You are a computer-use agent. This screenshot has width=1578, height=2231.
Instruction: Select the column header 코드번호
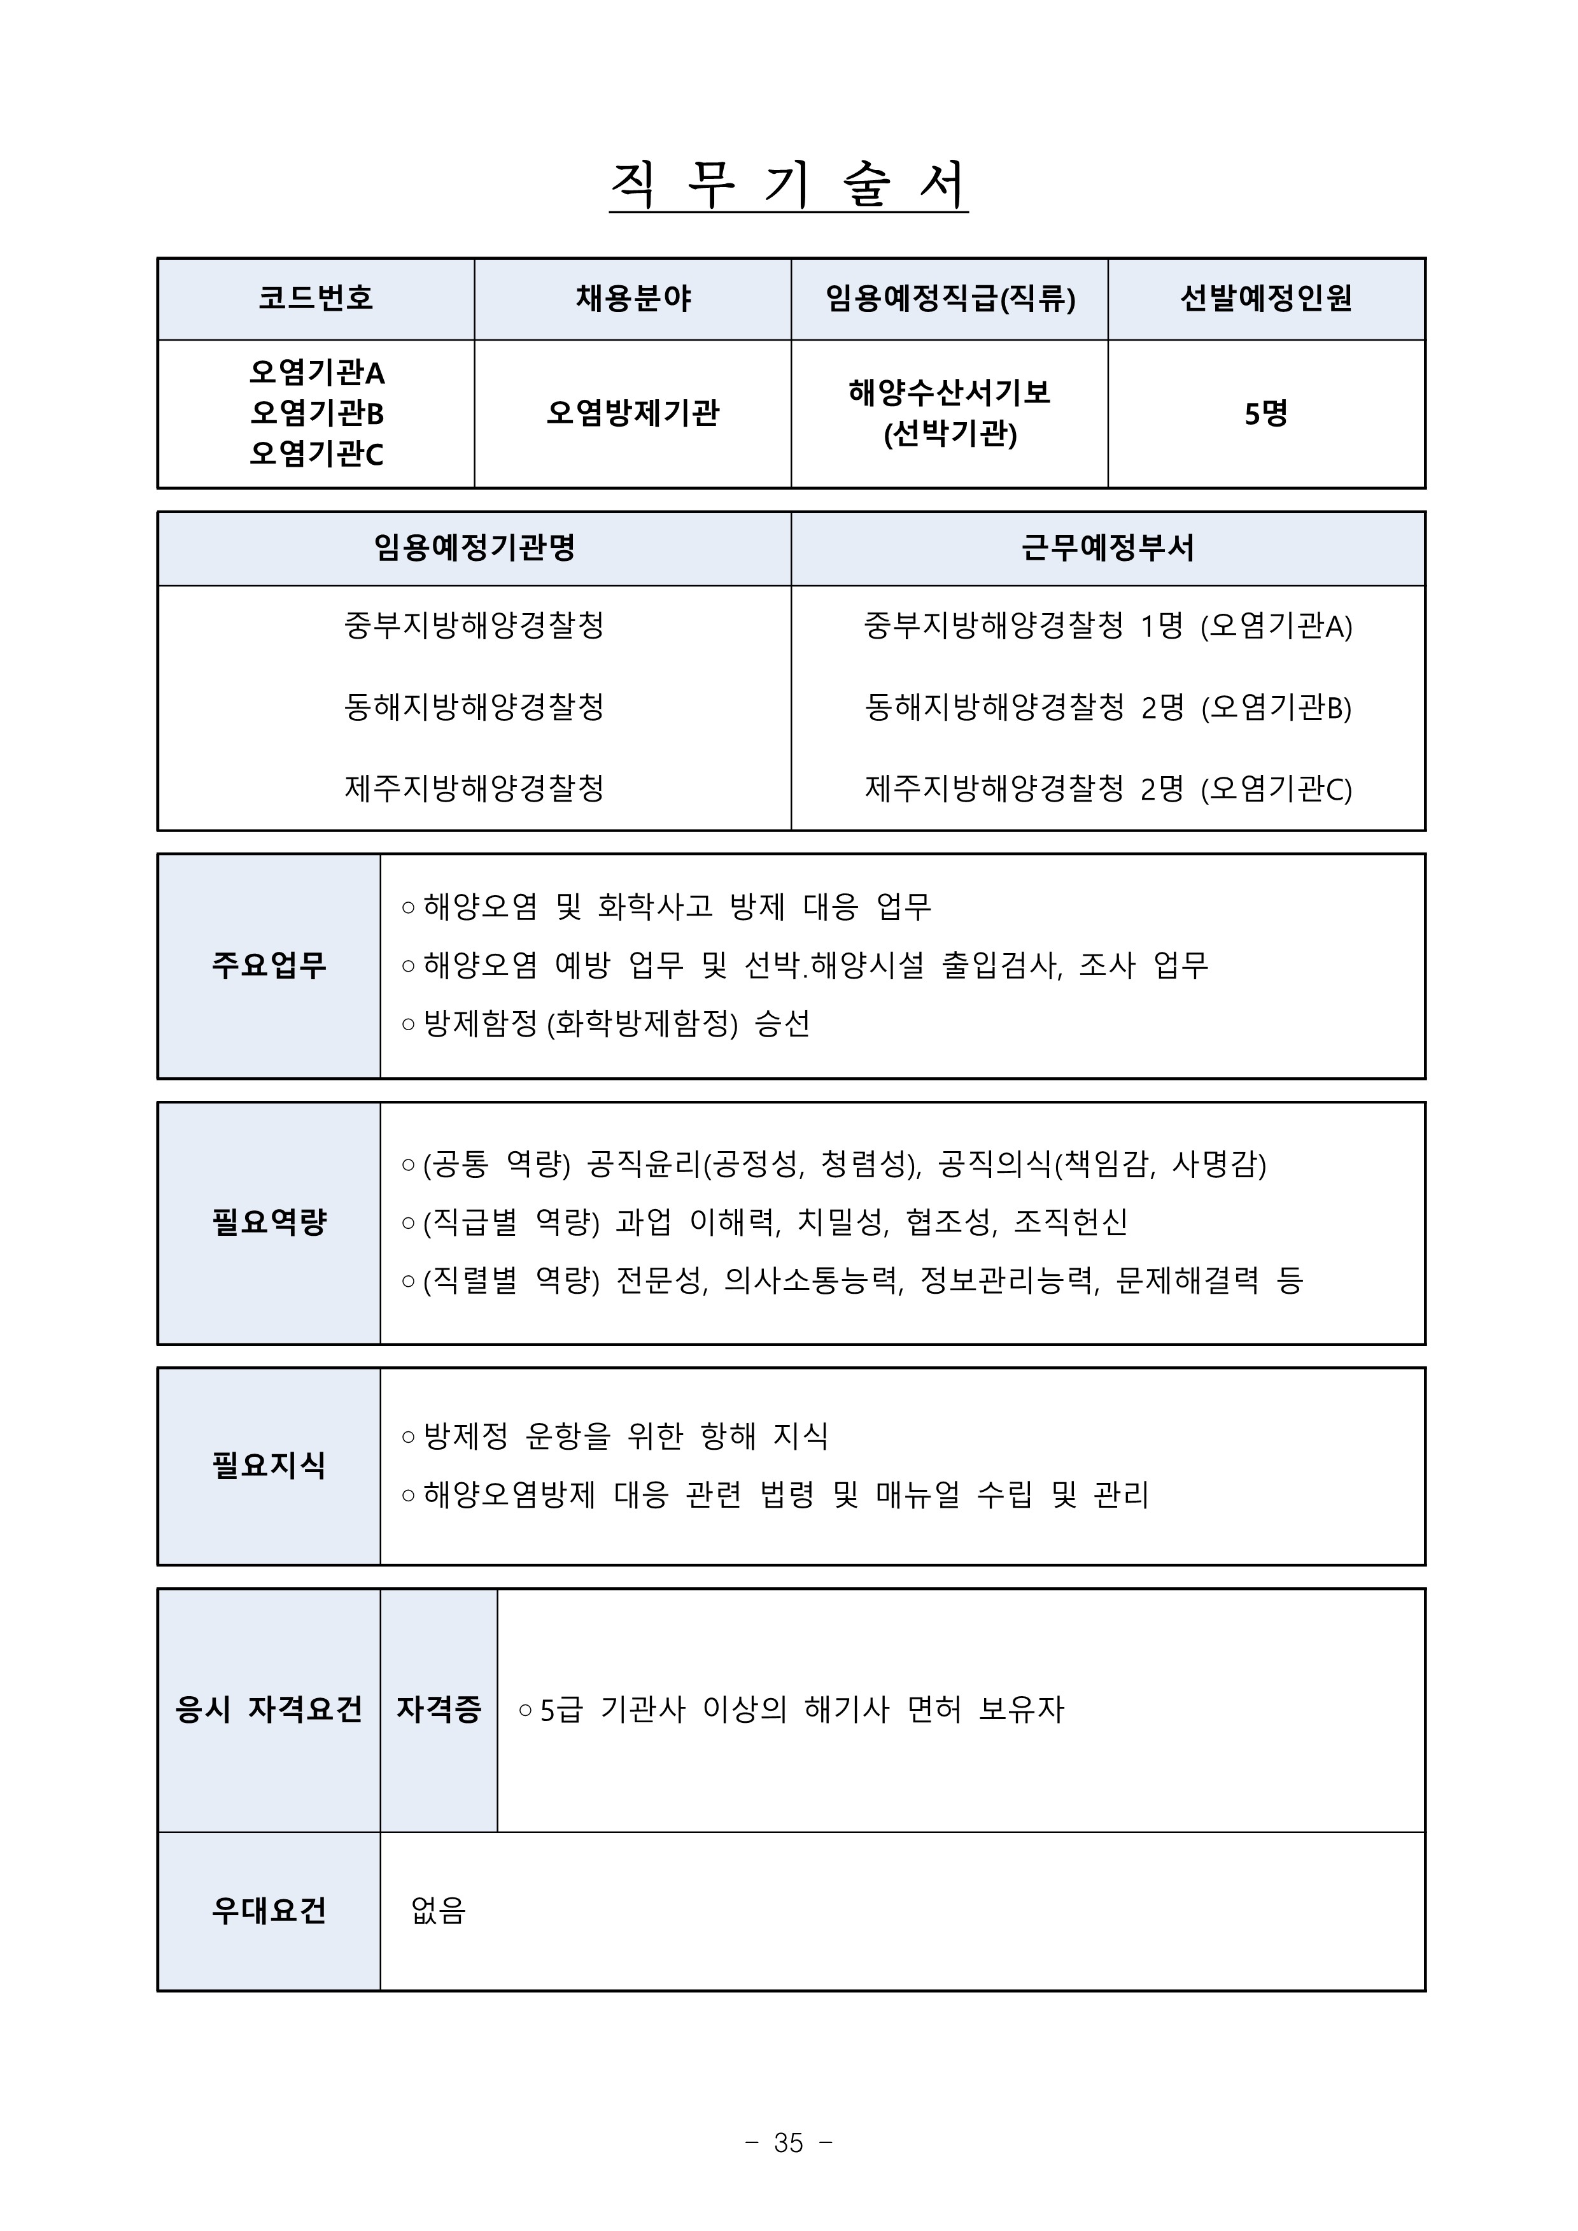point(316,299)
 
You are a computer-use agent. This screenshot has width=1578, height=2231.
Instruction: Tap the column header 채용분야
point(633,299)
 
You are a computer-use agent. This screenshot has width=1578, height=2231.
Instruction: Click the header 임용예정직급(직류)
point(949,299)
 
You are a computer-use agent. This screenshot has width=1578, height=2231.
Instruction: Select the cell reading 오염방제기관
point(633,414)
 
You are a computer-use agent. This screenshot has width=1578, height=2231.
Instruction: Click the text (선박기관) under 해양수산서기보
point(949,434)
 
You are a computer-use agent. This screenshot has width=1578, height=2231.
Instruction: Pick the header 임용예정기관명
point(474,549)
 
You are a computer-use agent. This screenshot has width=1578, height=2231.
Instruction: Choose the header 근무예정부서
point(1108,549)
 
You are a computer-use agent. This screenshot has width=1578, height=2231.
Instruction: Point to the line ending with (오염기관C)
point(1108,789)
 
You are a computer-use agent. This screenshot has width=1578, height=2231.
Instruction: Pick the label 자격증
point(438,1709)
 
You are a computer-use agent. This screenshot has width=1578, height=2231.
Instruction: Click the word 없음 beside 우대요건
point(438,1911)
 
